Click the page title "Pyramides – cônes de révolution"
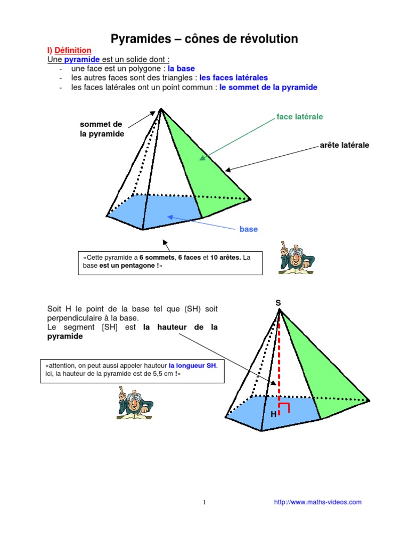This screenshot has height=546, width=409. click(204, 39)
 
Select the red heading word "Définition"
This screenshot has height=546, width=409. click(73, 50)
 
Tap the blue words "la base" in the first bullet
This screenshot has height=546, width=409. click(182, 69)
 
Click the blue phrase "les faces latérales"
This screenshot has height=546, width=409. click(234, 78)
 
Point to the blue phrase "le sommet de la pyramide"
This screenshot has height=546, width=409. click(268, 87)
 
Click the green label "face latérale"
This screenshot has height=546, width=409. click(299, 117)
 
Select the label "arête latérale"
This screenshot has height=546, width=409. click(345, 145)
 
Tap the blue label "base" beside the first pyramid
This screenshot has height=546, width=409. click(248, 229)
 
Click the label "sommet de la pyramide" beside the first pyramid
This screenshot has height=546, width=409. click(102, 129)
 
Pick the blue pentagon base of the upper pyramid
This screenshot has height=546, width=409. click(154, 211)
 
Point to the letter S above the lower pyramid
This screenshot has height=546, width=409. click(278, 303)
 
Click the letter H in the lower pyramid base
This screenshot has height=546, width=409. click(273, 414)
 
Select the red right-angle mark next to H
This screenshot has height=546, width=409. click(285, 409)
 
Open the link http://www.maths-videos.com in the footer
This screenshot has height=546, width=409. click(317, 502)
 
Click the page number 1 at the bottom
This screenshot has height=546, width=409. click(204, 502)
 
